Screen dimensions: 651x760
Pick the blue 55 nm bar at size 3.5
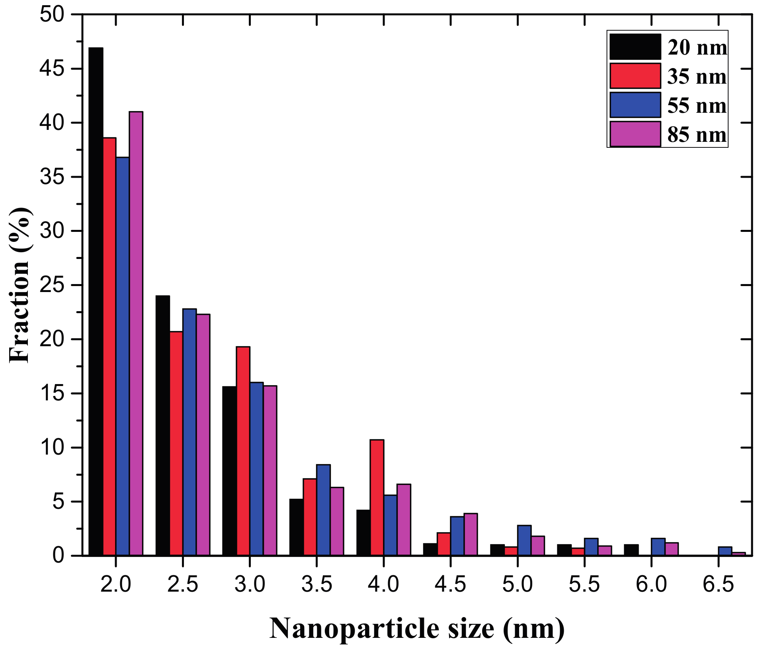pyautogui.click(x=323, y=510)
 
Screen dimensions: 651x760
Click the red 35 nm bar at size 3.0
pyautogui.click(x=243, y=451)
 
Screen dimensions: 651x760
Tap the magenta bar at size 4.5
pyautogui.click(x=470, y=534)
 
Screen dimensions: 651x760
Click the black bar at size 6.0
pyautogui.click(x=631, y=550)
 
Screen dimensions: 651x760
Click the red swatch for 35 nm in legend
pyautogui.click(x=635, y=76)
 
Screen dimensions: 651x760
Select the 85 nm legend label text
pyautogui.click(x=696, y=135)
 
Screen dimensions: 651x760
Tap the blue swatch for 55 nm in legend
pyautogui.click(x=635, y=105)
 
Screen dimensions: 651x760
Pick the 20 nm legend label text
pyautogui.click(x=696, y=47)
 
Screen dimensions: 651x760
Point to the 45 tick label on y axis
pyautogui.click(x=52, y=69)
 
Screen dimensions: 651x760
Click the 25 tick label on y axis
pyautogui.click(x=52, y=285)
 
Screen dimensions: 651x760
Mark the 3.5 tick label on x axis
pyautogui.click(x=317, y=585)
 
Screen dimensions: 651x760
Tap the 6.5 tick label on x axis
pyautogui.click(x=718, y=585)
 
